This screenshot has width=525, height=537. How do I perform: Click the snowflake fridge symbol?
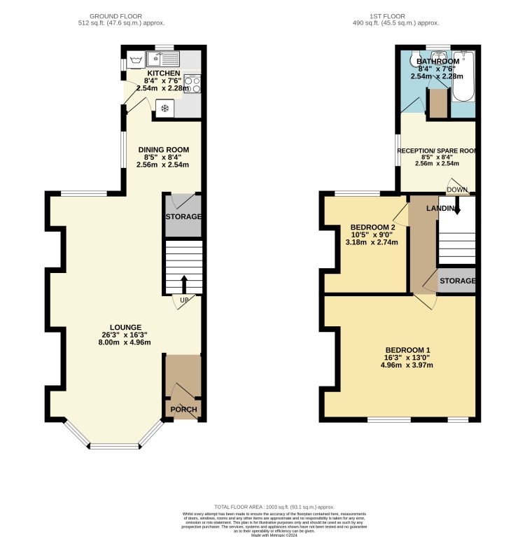click(x=165, y=108)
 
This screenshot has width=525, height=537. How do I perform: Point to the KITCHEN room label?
click(x=163, y=73)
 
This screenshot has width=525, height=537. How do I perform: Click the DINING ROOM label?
click(x=163, y=149)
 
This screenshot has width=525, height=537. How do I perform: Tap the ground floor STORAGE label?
click(x=183, y=216)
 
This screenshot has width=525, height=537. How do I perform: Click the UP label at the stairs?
click(x=184, y=300)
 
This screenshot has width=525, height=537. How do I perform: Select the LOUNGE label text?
click(x=126, y=327)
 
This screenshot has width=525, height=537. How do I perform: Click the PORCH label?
click(x=183, y=410)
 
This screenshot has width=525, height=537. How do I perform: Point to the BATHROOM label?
click(x=439, y=61)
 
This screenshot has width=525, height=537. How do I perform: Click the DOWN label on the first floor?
click(x=457, y=190)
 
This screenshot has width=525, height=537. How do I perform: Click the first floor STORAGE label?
click(x=458, y=281)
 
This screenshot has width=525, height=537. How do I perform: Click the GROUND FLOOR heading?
click(x=122, y=15)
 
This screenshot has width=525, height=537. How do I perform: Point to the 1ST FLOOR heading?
click(x=396, y=15)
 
